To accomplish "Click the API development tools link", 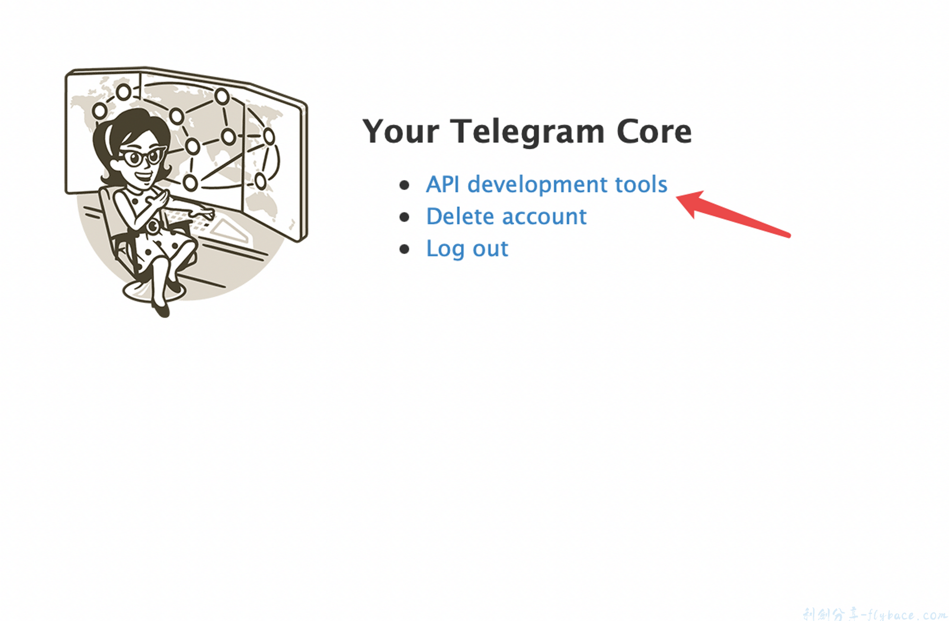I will click(x=546, y=185).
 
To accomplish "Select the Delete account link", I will click(x=506, y=217).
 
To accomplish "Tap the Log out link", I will click(x=467, y=249).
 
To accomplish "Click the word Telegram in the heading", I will click(x=527, y=132).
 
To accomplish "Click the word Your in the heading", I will click(x=400, y=132).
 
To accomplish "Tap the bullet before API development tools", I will click(x=404, y=185).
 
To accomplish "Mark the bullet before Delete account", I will click(x=404, y=217).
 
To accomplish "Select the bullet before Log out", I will click(x=404, y=249).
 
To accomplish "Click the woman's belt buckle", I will click(x=152, y=227).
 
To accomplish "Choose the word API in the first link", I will click(x=442, y=185).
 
